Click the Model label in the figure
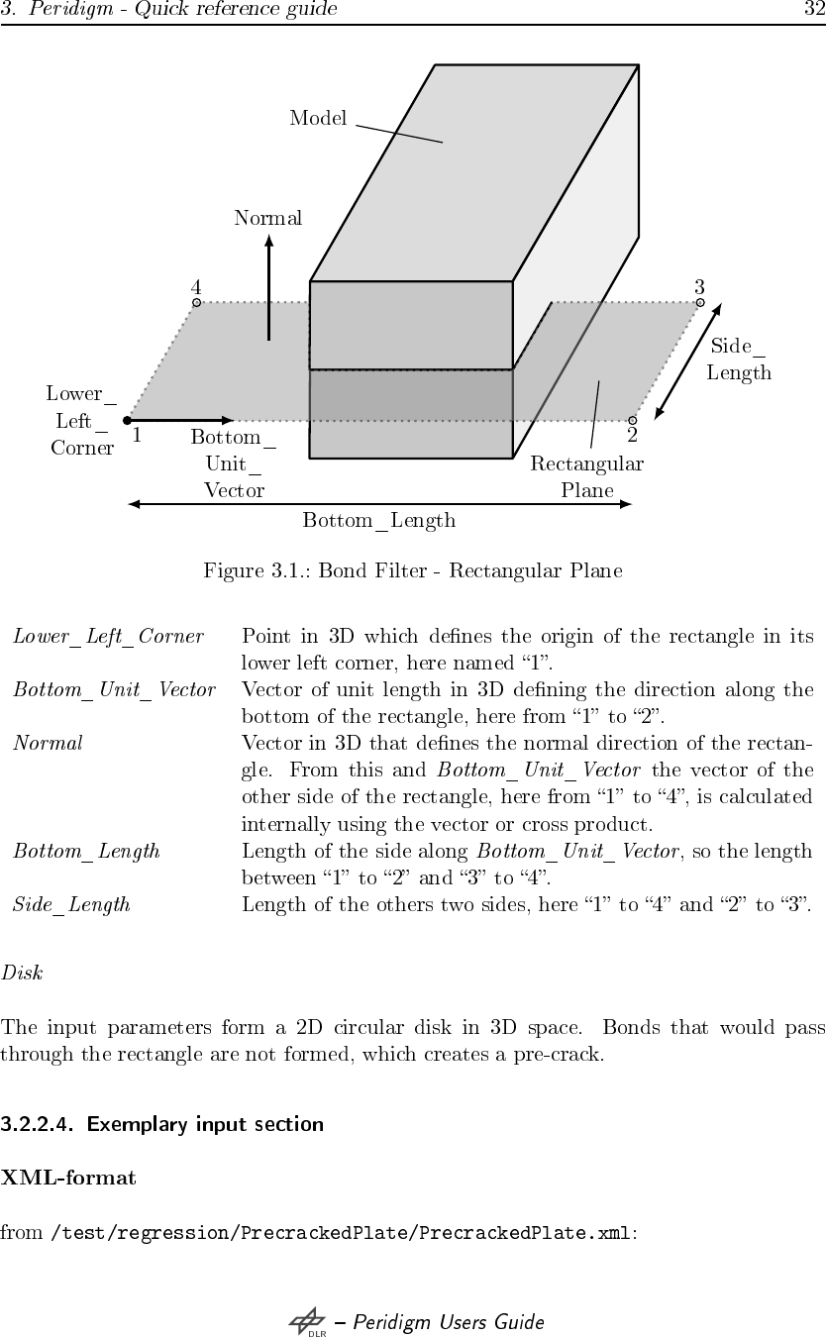pyautogui.click(x=318, y=119)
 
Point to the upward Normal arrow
pyautogui.click(x=268, y=287)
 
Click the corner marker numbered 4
pyautogui.click(x=196, y=302)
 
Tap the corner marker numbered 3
pyautogui.click(x=700, y=302)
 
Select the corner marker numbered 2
pyautogui.click(x=632, y=420)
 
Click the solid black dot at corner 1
pyautogui.click(x=128, y=420)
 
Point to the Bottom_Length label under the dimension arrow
pyautogui.click(x=379, y=520)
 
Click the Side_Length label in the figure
pyautogui.click(x=739, y=360)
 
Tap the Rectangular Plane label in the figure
pyautogui.click(x=587, y=476)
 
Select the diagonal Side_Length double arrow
pyautogui.click(x=688, y=360)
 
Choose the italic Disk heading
pyautogui.click(x=22, y=972)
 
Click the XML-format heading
pyautogui.click(x=68, y=1178)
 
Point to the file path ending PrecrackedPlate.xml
pyautogui.click(x=340, y=1233)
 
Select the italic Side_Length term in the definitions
pyautogui.click(x=71, y=903)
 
